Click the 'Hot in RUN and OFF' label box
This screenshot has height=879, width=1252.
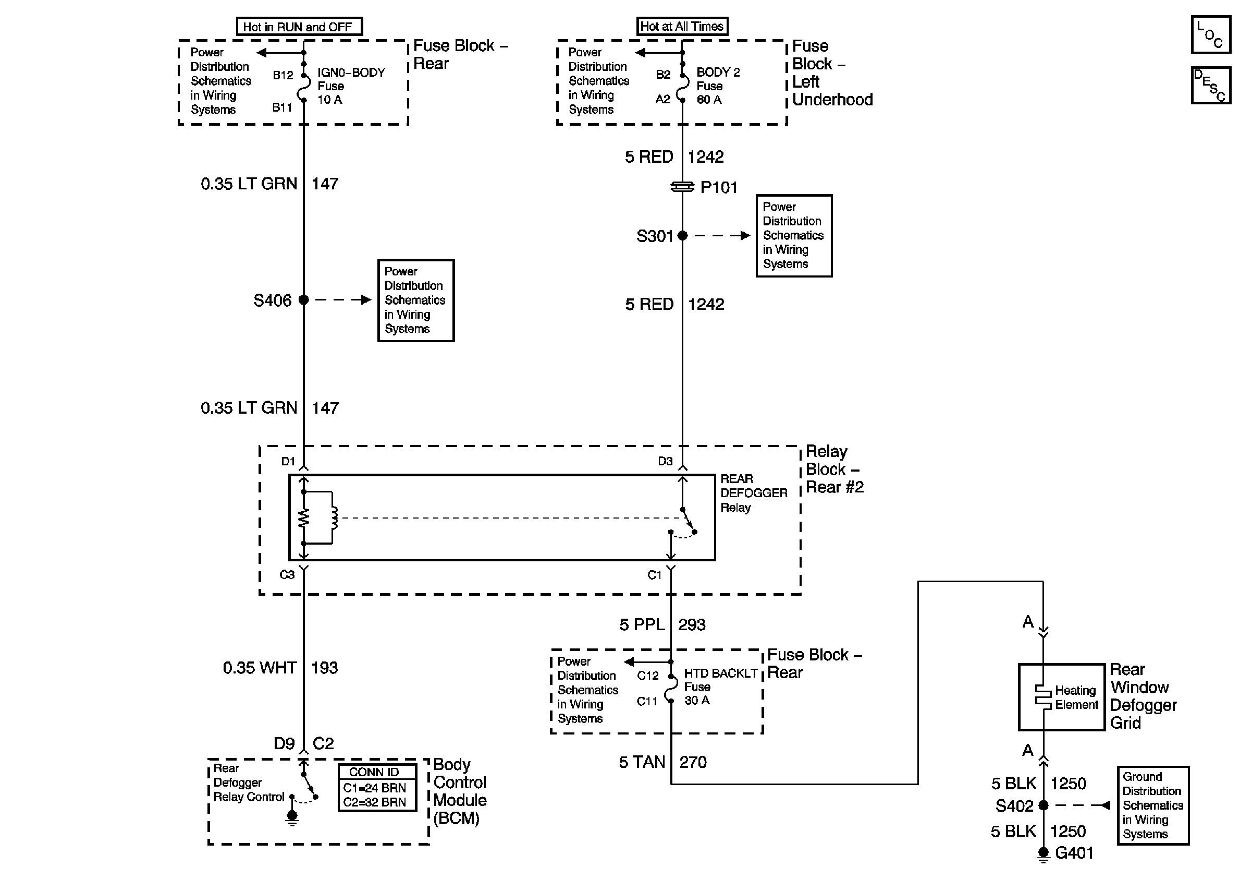click(299, 27)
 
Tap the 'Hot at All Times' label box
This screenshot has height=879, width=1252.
click(682, 26)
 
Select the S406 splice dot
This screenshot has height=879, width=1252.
click(304, 299)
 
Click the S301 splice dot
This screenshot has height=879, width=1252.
click(682, 236)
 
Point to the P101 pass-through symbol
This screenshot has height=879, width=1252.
click(682, 187)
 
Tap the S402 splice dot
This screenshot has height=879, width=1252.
click(1043, 805)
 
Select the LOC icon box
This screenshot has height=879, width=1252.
click(1210, 34)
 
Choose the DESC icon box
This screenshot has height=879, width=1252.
click(1210, 85)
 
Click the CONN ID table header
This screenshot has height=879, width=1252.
click(375, 772)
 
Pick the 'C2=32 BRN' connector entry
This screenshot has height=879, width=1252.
click(375, 802)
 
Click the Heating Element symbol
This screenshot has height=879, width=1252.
click(1043, 697)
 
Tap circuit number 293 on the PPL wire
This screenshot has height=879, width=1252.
click(692, 624)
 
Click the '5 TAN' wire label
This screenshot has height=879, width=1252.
click(642, 762)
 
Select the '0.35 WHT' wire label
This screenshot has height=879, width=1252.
click(260, 667)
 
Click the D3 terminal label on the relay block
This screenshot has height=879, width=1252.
click(665, 462)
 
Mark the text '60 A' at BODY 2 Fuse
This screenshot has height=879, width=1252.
click(709, 100)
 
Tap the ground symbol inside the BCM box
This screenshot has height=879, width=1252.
click(292, 817)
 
